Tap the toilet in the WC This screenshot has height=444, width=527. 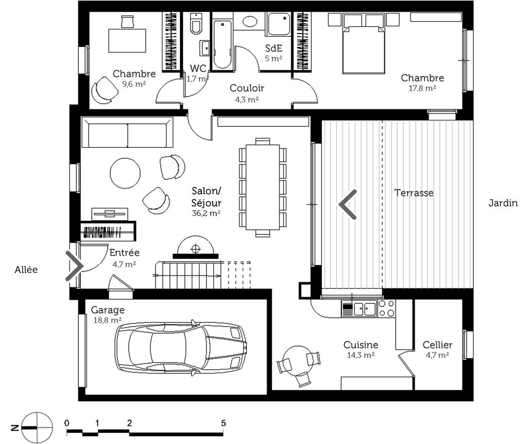pyautogui.click(x=196, y=24)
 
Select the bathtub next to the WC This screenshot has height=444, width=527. pyautogui.click(x=222, y=44)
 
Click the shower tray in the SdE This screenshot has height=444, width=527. pyautogui.click(x=279, y=24)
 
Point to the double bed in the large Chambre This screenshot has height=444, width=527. pyautogui.click(x=364, y=49)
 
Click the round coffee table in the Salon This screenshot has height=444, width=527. pyautogui.click(x=125, y=173)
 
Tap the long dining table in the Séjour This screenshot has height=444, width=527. pyautogui.click(x=263, y=187)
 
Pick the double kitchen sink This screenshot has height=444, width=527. pyautogui.click(x=364, y=309)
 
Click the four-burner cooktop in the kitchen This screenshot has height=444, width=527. pyautogui.click(x=386, y=309)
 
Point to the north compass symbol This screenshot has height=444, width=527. pyautogui.click(x=37, y=428)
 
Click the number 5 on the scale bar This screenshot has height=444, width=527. pyautogui.click(x=224, y=423)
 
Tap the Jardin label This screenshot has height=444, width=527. pyautogui.click(x=503, y=203)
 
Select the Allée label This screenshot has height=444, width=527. pyautogui.click(x=26, y=269)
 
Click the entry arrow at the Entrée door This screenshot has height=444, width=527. pyautogui.click(x=75, y=266)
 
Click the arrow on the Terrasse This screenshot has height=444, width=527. pyautogui.click(x=348, y=204)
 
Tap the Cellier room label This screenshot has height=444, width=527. pyautogui.click(x=437, y=345)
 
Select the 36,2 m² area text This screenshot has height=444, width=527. pyautogui.click(x=206, y=213)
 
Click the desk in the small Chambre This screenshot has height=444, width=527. pyautogui.click(x=127, y=40)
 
